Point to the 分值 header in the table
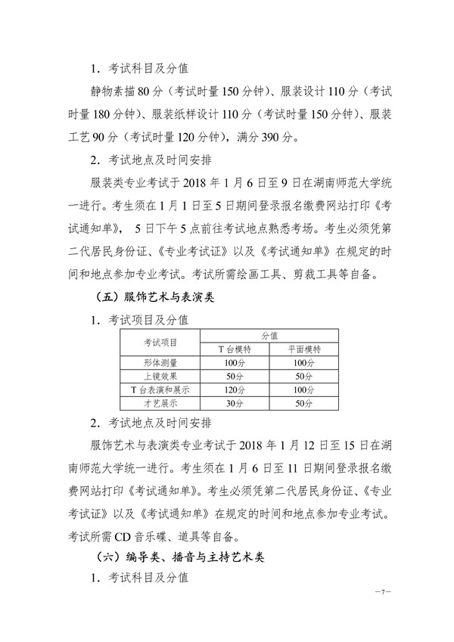tap(269, 334)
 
